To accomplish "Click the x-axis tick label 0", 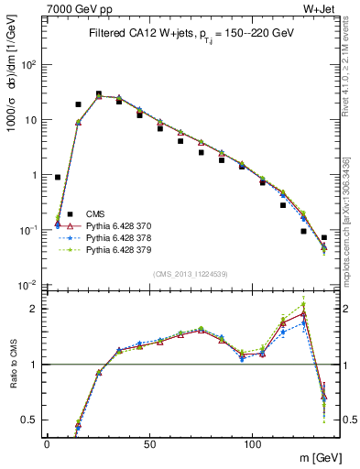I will click(47, 442).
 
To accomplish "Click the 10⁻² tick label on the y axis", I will click(27, 285).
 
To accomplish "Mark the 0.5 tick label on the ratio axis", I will click(29, 420).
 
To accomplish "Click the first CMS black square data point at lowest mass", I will click(58, 178).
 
